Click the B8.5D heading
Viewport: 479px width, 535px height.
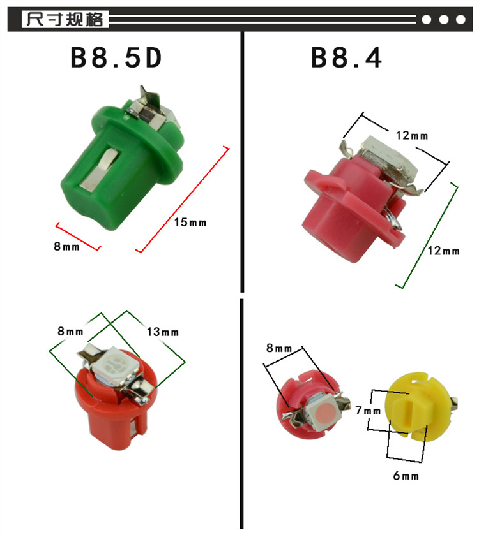(116, 58)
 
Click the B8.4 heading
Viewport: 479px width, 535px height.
(346, 58)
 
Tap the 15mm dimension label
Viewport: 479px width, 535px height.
(190, 223)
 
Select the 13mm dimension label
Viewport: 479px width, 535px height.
(163, 332)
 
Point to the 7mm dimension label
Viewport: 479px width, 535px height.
(368, 410)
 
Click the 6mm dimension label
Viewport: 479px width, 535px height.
(406, 476)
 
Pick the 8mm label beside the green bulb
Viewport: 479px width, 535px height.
(66, 246)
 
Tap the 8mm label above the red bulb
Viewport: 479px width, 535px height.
(70, 332)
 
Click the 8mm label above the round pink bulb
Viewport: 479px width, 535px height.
(279, 348)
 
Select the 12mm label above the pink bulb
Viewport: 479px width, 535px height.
(412, 136)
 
